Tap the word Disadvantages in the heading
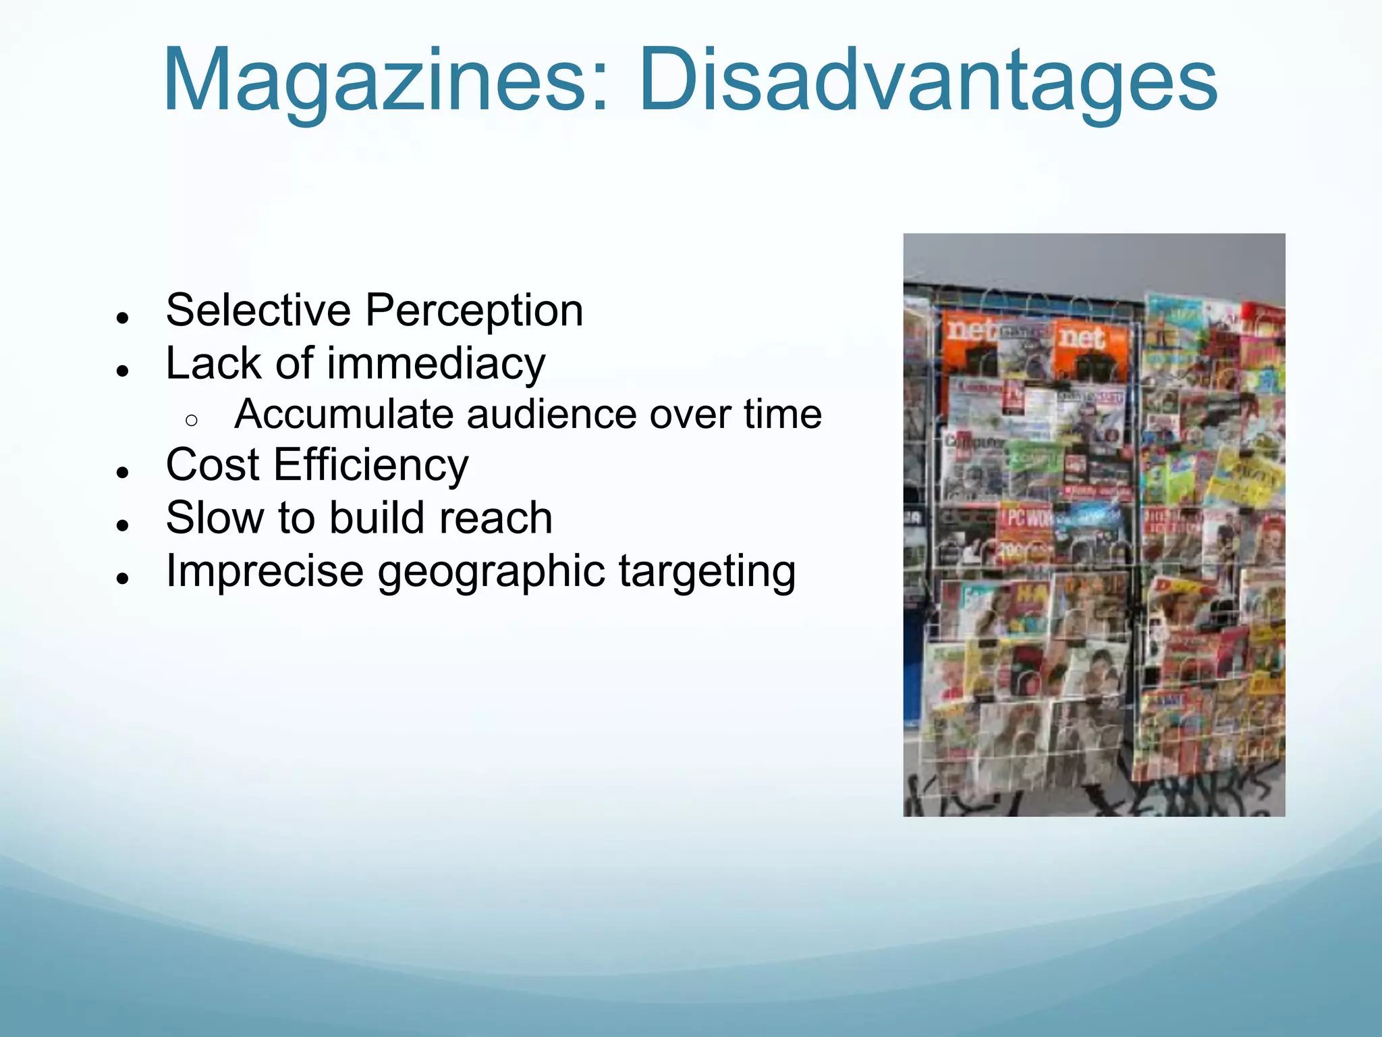tap(928, 81)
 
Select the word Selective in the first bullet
tap(258, 311)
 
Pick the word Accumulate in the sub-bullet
tap(343, 414)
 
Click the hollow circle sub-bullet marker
tap(191, 421)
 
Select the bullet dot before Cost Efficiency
tap(122, 473)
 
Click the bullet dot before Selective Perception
tap(122, 318)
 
